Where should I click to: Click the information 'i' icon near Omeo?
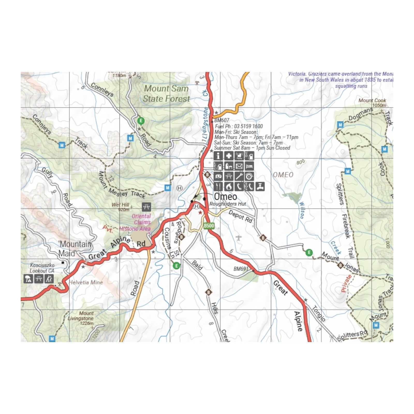(218, 156)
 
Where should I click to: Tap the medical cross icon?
(228, 156)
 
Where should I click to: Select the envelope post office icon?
(239, 166)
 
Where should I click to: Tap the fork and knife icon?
(218, 186)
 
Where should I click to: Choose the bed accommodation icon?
(249, 166)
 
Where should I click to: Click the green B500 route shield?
(209, 226)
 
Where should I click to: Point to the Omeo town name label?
(225, 197)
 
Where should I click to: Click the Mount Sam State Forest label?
(166, 94)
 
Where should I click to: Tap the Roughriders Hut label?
(228, 204)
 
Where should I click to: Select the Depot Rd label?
(240, 217)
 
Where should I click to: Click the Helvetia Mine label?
(86, 283)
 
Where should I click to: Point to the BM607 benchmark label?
(222, 120)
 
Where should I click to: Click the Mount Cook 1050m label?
(372, 102)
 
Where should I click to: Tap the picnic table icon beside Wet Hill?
(146, 207)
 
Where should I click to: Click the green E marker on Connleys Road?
(141, 121)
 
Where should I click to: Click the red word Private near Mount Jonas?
(346, 283)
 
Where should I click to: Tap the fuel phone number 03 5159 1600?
(248, 126)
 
